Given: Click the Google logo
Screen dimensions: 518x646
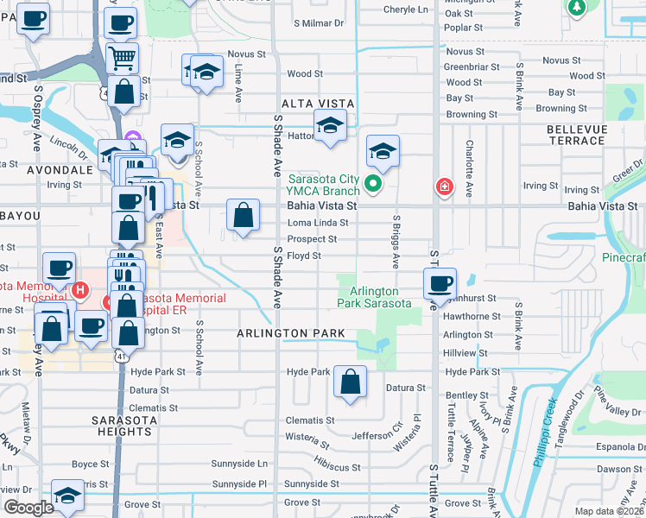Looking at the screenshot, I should [x=29, y=508].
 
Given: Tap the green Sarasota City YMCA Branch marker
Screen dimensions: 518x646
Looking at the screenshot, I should [x=373, y=183].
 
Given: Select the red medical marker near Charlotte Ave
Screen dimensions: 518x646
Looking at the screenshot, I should [x=445, y=186].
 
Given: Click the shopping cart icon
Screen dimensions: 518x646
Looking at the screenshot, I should [x=123, y=58].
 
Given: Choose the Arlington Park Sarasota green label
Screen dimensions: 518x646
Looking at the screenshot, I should [x=373, y=298].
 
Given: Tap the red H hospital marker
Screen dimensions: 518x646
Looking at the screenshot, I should [x=79, y=290].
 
